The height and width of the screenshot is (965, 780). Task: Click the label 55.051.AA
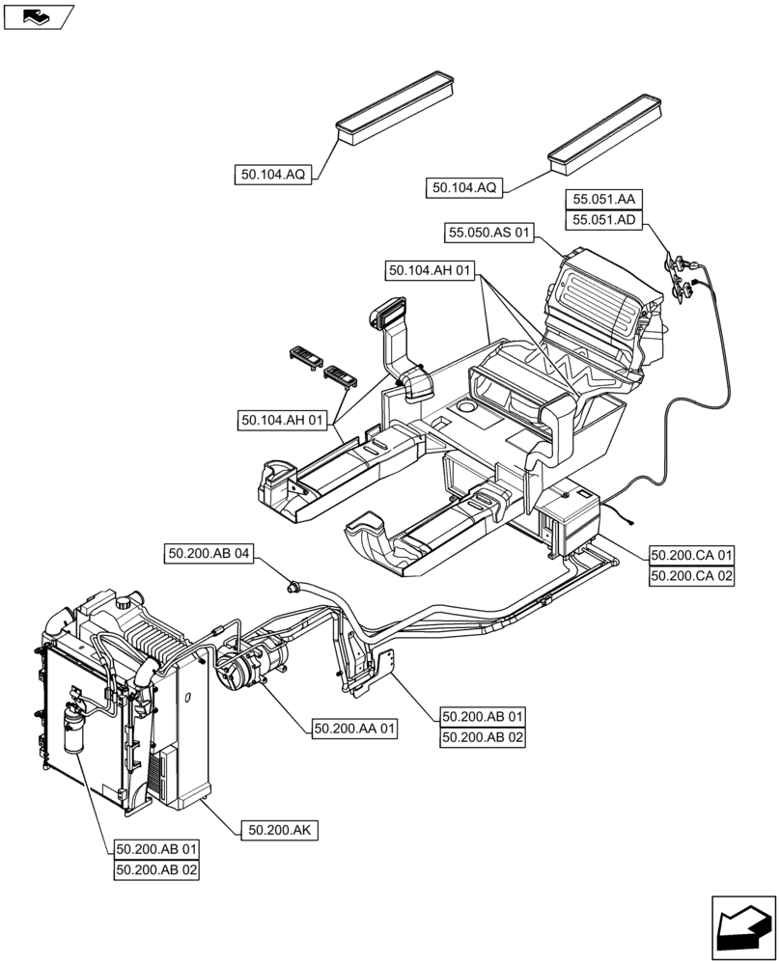click(x=604, y=199)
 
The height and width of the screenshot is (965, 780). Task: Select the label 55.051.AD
click(x=604, y=220)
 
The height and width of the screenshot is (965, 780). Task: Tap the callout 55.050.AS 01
click(x=489, y=233)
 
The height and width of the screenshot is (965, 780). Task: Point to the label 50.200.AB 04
click(x=209, y=554)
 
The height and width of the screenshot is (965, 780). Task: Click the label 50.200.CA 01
click(x=692, y=555)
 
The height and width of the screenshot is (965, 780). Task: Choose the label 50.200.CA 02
click(x=692, y=576)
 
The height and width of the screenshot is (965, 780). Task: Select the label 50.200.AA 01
click(x=354, y=730)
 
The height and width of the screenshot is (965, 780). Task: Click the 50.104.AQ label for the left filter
click(x=273, y=175)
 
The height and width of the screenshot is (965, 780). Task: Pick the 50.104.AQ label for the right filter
click(x=464, y=188)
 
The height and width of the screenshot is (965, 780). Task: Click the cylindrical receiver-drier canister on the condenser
click(x=73, y=730)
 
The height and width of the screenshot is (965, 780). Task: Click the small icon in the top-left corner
click(x=38, y=16)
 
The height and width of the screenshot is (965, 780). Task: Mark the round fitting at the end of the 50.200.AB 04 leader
click(x=292, y=583)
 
